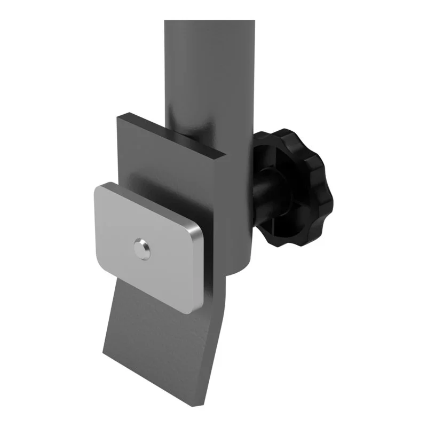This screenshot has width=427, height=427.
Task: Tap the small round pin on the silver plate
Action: [141, 249]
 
